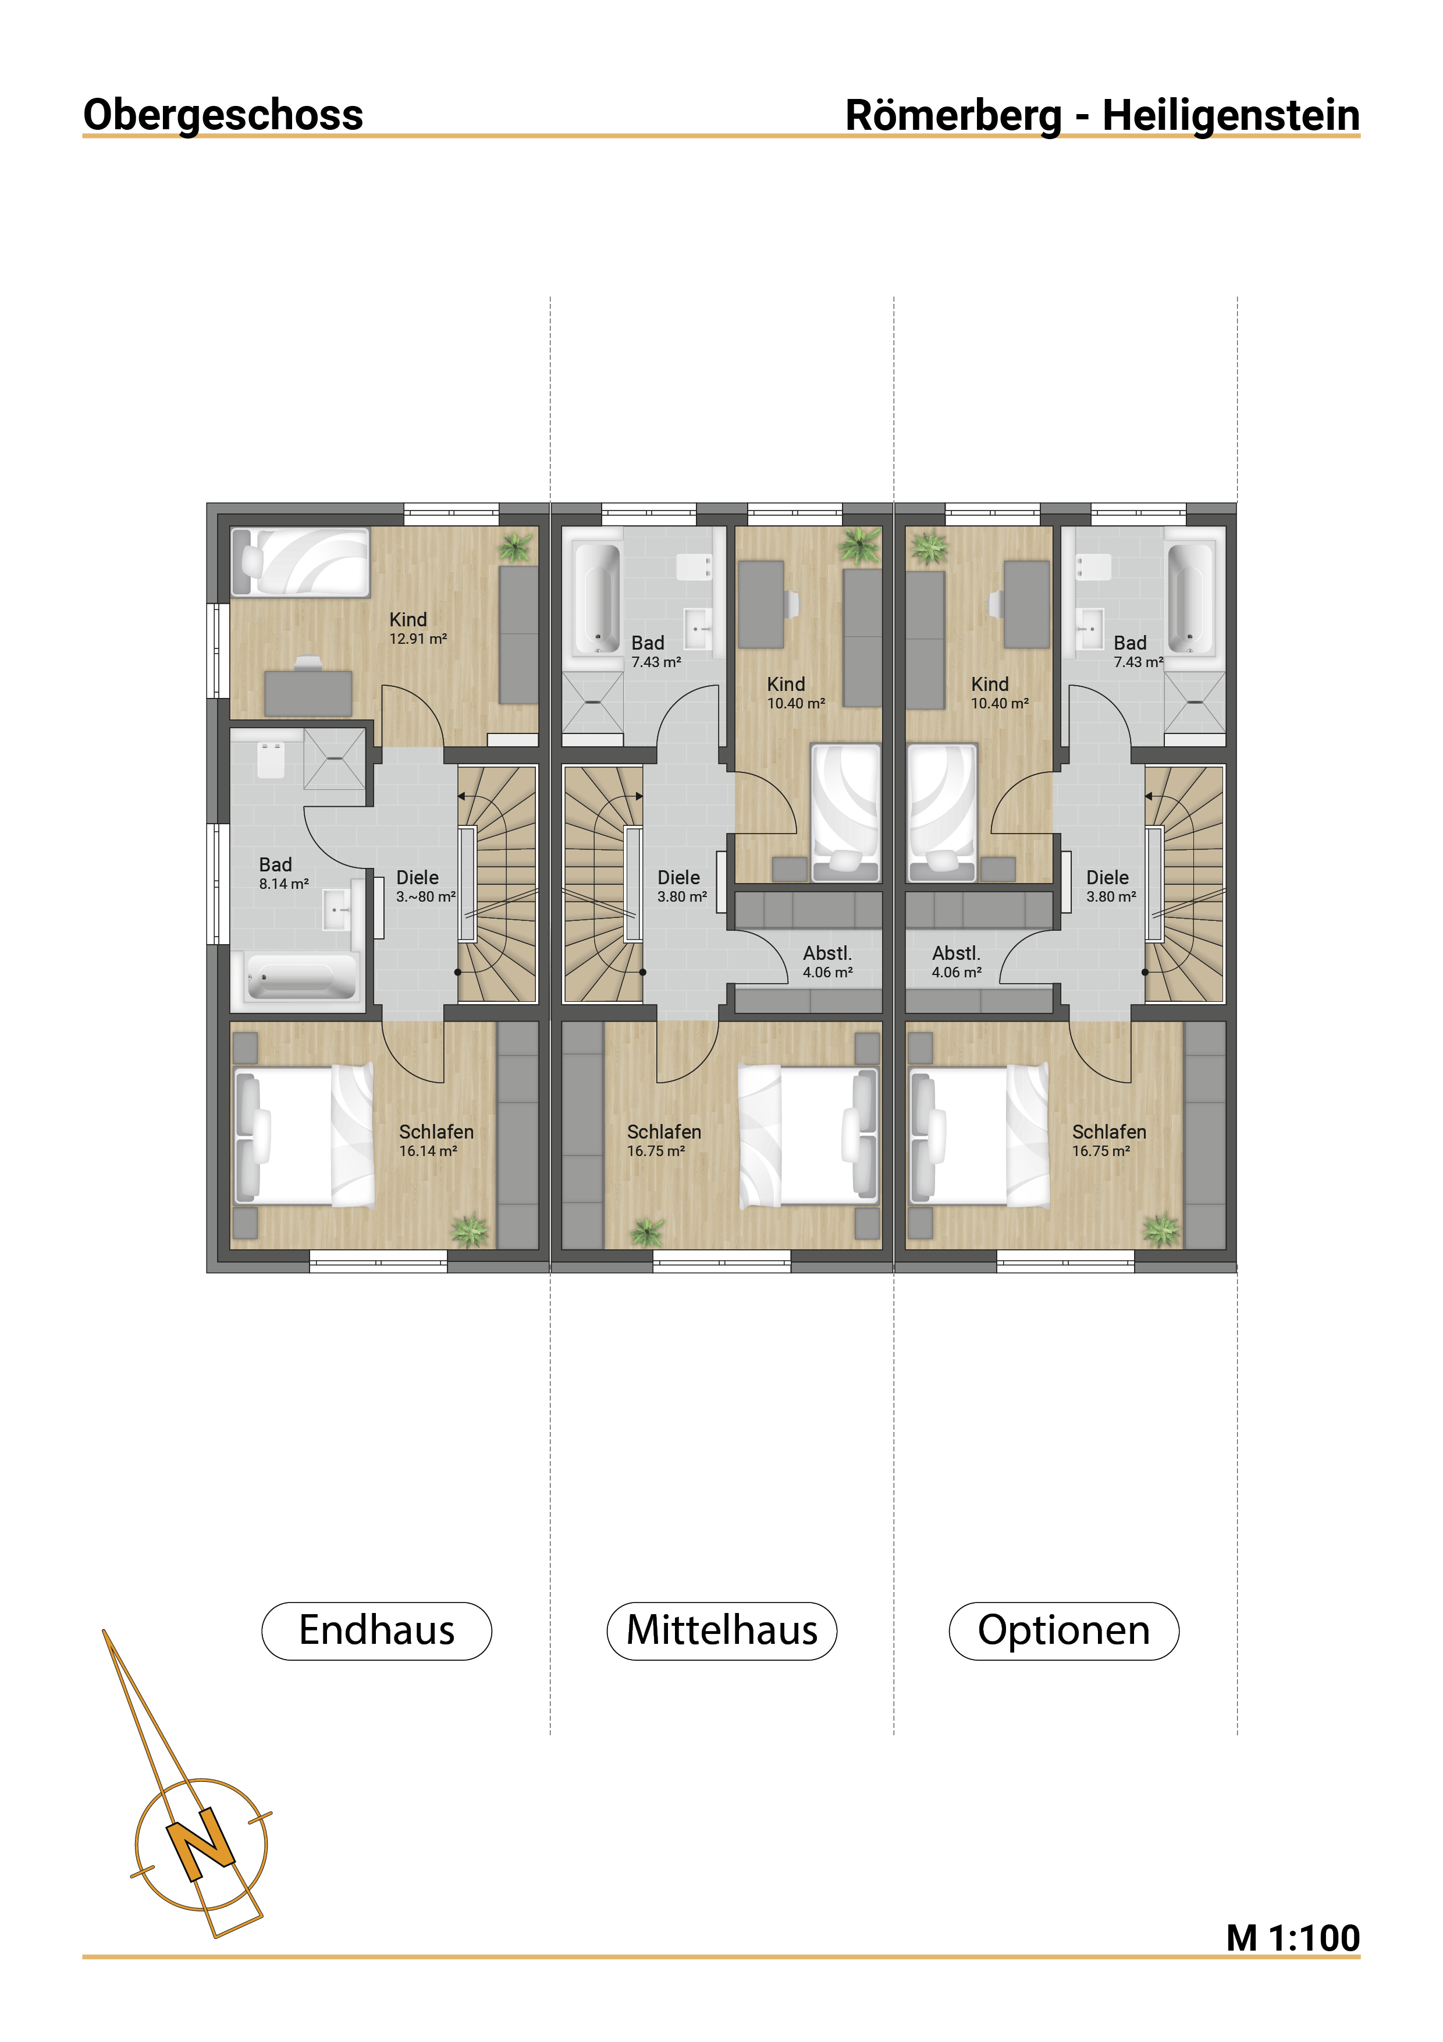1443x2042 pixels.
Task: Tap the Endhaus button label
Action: [377, 1630]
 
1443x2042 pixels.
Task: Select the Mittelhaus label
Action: [722, 1630]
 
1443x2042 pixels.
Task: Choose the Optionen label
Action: [1064, 1631]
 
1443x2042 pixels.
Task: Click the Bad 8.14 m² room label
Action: [283, 873]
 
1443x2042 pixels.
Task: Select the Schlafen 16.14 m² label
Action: [436, 1140]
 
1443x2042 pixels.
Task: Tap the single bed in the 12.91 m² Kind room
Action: [300, 562]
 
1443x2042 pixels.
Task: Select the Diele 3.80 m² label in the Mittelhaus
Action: [682, 887]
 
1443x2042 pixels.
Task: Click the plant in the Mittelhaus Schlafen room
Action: [647, 1232]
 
